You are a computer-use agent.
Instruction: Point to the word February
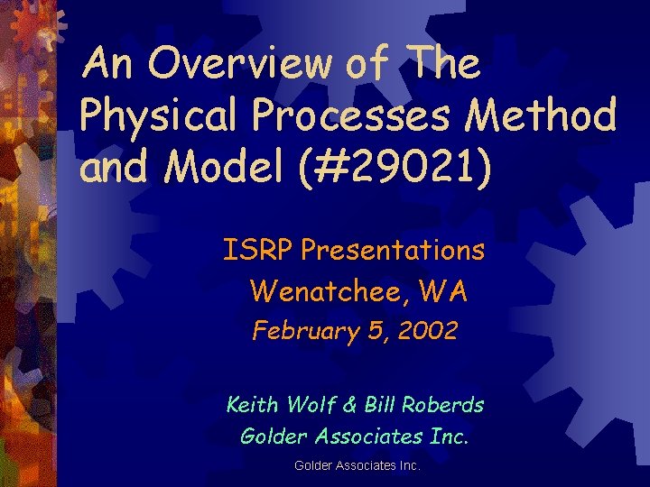point(300,332)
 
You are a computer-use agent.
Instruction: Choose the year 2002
point(425,331)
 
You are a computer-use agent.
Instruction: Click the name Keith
point(254,404)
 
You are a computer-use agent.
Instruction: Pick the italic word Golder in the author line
point(271,436)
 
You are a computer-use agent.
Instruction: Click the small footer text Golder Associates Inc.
point(357,466)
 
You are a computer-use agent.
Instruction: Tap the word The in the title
point(444,65)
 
